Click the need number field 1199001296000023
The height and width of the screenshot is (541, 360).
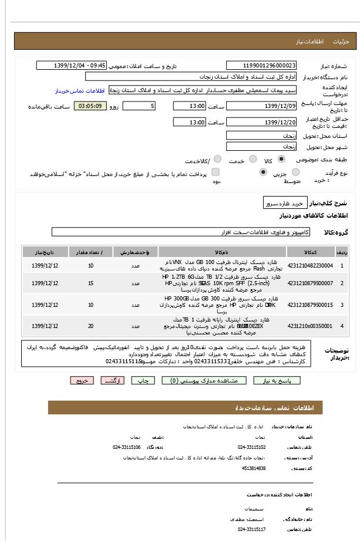(261, 65)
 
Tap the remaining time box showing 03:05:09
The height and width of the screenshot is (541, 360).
(90, 106)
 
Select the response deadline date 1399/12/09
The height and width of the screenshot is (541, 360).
(261, 106)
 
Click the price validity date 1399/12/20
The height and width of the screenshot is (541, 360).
(261, 122)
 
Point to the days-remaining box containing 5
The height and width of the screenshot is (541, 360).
(139, 106)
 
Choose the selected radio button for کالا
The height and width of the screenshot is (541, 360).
(282, 159)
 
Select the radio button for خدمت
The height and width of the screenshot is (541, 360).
(253, 159)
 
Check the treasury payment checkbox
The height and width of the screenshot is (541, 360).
(216, 172)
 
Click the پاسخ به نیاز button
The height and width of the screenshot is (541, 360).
(277, 381)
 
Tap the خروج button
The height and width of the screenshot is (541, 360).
(82, 381)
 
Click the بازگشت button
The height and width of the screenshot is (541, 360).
(112, 381)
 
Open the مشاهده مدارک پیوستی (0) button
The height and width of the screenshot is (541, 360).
(196, 381)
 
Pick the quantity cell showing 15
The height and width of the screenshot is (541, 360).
(90, 283)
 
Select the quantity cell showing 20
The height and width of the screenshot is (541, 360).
(90, 326)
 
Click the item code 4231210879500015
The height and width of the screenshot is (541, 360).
(310, 305)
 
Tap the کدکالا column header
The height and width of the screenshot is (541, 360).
(310, 252)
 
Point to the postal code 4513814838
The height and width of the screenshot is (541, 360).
(254, 468)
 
